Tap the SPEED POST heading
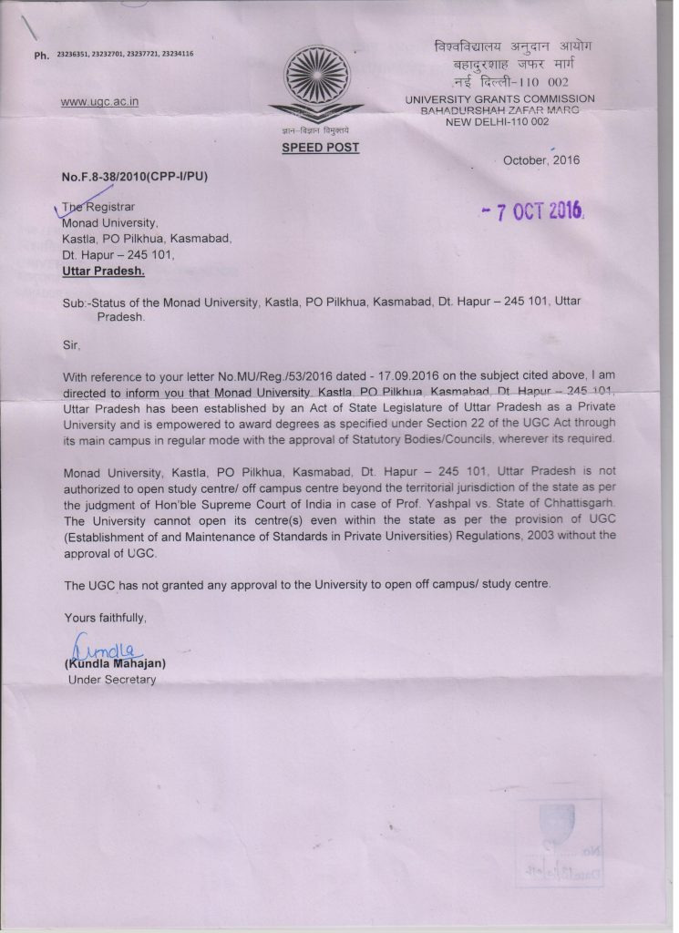[319, 148]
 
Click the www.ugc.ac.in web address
[99, 102]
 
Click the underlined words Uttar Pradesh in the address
[103, 271]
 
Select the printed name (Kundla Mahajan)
[115, 664]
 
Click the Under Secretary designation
[112, 680]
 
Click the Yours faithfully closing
[105, 618]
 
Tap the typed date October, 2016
[541, 160]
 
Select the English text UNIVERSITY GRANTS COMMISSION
[500, 98]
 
